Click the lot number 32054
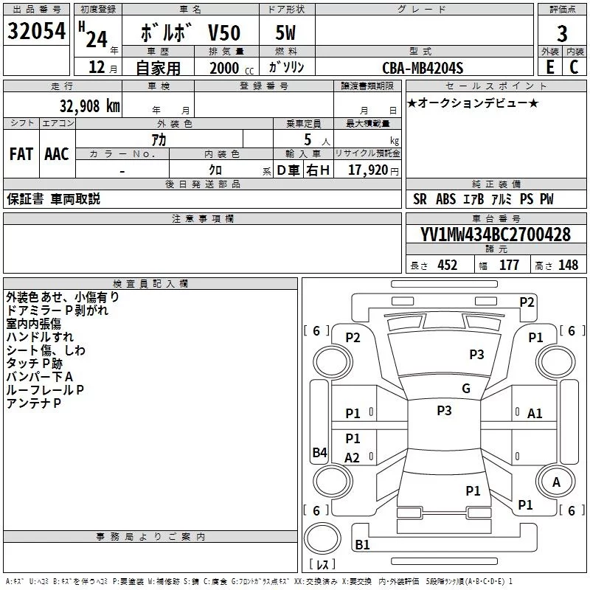[36, 31]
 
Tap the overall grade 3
[562, 34]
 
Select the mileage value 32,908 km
[89, 106]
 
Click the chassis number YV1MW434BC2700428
[496, 234]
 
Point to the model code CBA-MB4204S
[423, 68]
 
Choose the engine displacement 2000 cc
[232, 68]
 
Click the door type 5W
[285, 32]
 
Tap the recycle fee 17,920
[368, 170]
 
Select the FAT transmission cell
[21, 154]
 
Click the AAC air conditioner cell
[57, 154]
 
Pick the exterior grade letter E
[550, 67]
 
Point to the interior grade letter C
[574, 67]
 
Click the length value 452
[448, 265]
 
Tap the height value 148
[568, 265]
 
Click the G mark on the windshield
[466, 389]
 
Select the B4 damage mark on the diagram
[320, 452]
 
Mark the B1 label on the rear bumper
[362, 544]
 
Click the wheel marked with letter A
[556, 482]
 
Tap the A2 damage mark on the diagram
[352, 457]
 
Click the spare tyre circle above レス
[322, 538]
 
